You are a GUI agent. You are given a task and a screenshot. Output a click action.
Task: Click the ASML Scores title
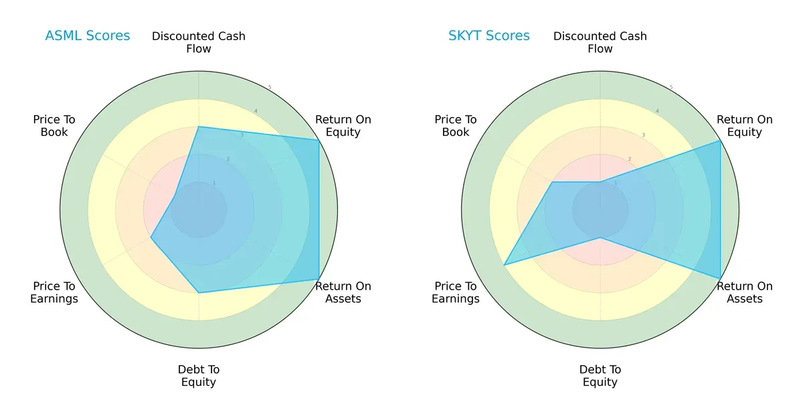[x=88, y=35]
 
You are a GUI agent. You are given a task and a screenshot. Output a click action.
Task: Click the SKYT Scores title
[x=489, y=35]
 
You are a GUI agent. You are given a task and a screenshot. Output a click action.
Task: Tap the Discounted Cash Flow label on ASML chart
[x=199, y=42]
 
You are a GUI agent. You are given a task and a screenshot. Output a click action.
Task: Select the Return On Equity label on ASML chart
[x=343, y=126]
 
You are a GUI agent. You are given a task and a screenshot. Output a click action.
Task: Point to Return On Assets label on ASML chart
[x=343, y=292]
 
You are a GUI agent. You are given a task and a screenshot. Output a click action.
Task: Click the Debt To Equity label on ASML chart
[x=199, y=376]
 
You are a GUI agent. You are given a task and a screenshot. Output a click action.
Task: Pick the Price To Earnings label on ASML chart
[x=54, y=292]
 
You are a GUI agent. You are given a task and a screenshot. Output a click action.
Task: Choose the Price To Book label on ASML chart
[x=54, y=126]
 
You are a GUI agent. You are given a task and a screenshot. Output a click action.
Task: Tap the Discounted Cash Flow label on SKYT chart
[x=600, y=42]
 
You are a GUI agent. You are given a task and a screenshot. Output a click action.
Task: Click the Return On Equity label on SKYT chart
[x=745, y=126]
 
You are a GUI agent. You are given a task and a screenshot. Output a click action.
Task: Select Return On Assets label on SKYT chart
[x=745, y=292]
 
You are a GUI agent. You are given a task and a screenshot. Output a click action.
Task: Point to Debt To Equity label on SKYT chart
[x=600, y=376]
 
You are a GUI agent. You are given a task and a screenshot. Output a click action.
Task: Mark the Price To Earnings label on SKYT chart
[x=456, y=292]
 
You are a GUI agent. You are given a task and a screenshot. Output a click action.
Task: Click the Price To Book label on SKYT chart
[x=456, y=126]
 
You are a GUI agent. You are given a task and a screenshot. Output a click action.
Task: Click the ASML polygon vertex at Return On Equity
[x=319, y=140]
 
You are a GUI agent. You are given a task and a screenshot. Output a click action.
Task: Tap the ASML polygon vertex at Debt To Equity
[x=199, y=292]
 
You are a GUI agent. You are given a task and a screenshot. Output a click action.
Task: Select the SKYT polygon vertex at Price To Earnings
[x=505, y=265]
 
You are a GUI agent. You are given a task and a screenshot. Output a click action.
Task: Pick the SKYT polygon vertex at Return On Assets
[x=720, y=278]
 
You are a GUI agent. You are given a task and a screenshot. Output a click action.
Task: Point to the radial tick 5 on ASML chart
[x=270, y=88]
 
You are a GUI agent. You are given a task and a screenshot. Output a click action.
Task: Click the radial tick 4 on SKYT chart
[x=657, y=111]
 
